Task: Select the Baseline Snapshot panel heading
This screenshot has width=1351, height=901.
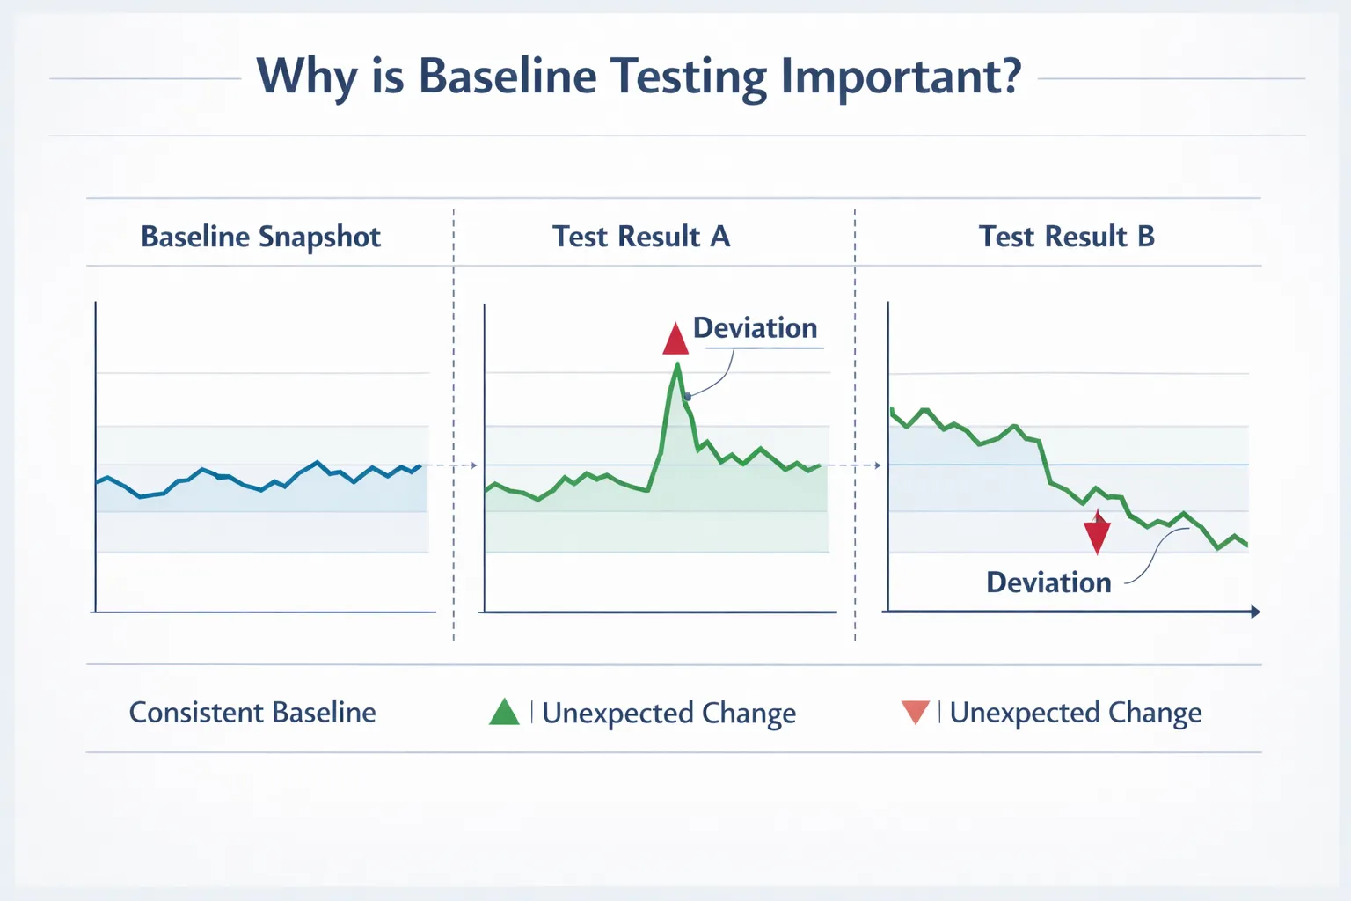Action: (260, 237)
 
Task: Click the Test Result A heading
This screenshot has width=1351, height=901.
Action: (641, 237)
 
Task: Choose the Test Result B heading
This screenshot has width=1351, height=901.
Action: (1066, 237)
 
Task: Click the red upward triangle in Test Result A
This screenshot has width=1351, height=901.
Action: (675, 341)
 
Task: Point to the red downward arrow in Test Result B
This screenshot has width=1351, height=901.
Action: (1097, 533)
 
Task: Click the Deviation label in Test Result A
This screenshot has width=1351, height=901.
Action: (755, 328)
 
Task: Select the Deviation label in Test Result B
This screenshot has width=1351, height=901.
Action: (1048, 582)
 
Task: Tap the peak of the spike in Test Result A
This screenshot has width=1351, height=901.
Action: (677, 364)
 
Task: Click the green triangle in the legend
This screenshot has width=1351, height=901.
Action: (504, 712)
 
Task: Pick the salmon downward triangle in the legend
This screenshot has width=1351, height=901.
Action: (916, 711)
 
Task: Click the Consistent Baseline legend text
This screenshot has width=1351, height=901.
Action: (252, 712)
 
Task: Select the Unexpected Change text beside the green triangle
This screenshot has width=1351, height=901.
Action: (668, 713)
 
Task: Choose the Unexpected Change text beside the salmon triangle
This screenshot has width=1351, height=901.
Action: (1076, 713)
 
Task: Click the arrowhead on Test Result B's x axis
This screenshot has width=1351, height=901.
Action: (1255, 612)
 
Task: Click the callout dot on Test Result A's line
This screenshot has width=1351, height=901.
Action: (688, 397)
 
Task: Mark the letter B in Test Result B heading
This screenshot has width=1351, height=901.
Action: (1145, 237)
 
